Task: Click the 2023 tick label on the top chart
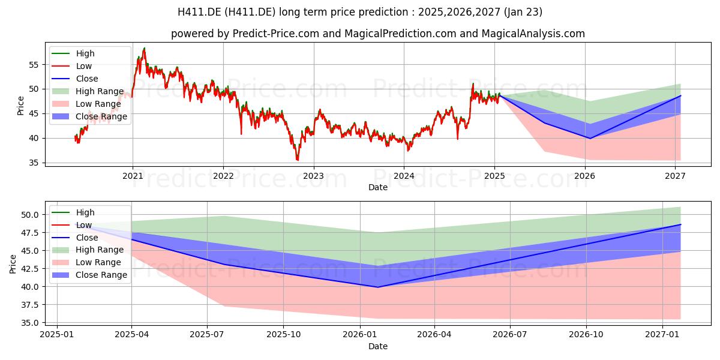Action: point(313,176)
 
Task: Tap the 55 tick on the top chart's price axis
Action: point(34,65)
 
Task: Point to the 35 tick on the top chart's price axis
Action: point(34,163)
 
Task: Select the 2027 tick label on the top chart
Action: point(675,176)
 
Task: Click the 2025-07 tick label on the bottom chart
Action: point(207,335)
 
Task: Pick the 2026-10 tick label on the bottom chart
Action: point(586,335)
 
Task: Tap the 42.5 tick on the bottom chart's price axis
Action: point(30,269)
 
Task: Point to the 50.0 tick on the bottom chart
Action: point(30,215)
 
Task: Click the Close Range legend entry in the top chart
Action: point(89,116)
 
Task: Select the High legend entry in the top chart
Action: point(73,53)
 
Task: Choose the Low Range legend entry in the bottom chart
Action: point(86,262)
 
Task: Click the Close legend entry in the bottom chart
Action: point(74,238)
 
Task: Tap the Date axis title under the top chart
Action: point(377,187)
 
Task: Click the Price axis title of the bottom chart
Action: point(13,264)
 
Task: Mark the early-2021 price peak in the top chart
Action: point(145,48)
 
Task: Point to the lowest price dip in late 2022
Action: point(298,160)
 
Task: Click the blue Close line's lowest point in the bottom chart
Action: point(378,287)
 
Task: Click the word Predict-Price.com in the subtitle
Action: point(276,34)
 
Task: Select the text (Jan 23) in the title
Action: point(523,12)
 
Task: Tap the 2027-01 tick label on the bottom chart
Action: point(662,335)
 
